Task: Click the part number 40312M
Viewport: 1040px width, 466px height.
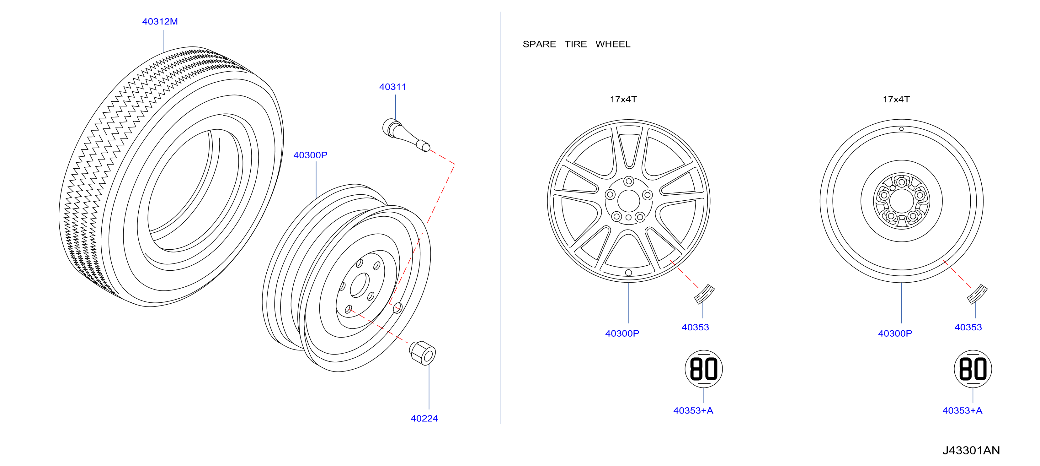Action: [x=160, y=21]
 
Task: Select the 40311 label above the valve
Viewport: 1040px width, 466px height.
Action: [x=392, y=87]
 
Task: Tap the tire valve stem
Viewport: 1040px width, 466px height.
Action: [x=406, y=135]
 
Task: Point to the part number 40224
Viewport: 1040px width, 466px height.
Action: [x=424, y=418]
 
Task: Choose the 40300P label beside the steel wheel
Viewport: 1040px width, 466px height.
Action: [x=310, y=155]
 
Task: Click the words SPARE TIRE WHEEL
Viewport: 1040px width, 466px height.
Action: [x=576, y=44]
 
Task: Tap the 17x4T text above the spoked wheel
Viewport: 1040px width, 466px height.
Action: [x=623, y=100]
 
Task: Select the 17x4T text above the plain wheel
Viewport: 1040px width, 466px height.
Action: [x=896, y=100]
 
